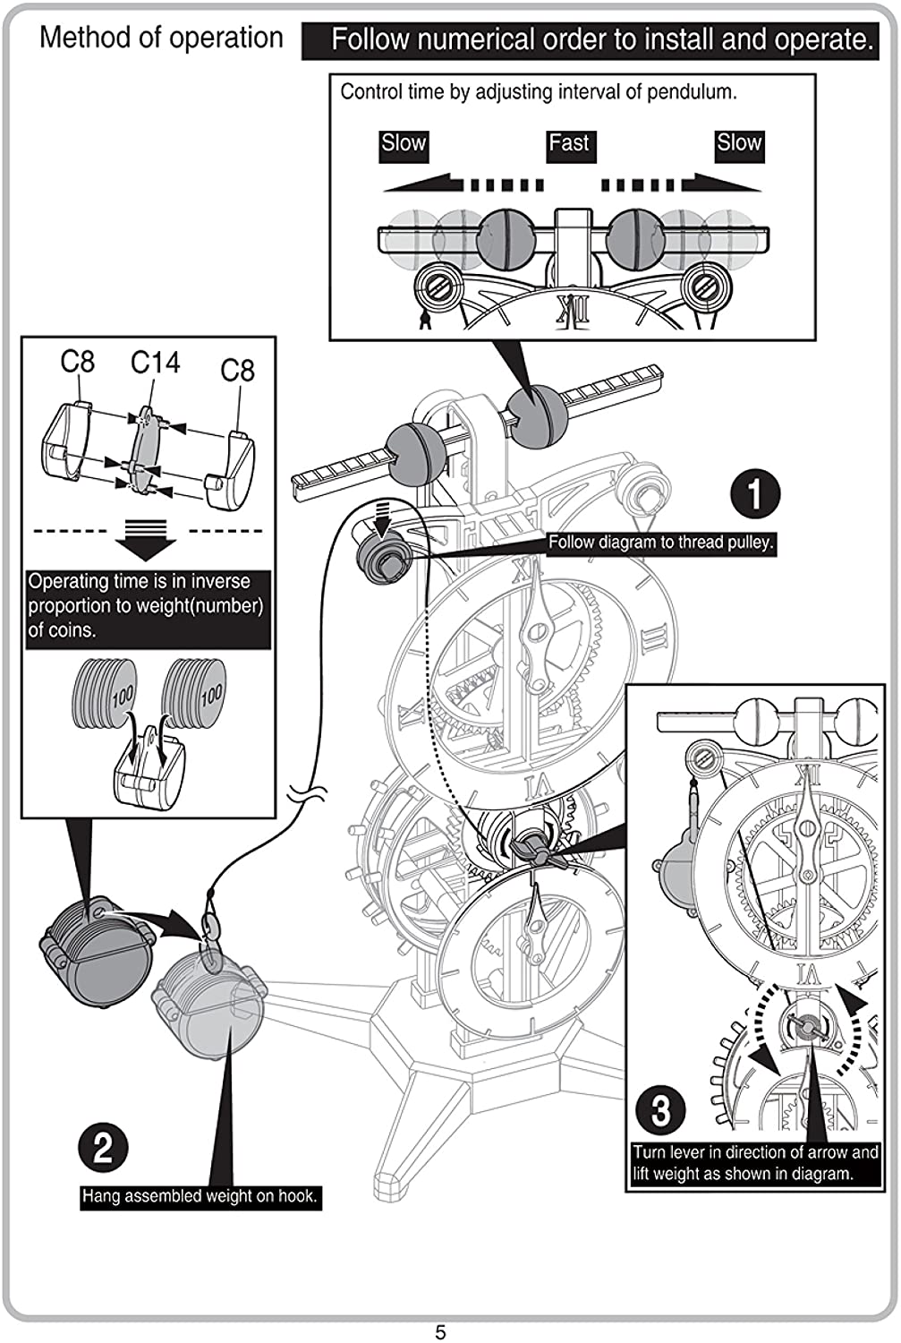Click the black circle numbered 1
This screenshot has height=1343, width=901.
pyautogui.click(x=754, y=494)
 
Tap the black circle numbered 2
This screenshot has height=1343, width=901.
pyautogui.click(x=103, y=1147)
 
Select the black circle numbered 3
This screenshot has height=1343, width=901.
pyautogui.click(x=660, y=1110)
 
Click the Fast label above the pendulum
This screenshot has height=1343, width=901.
pyautogui.click(x=569, y=144)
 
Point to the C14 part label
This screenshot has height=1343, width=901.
pyautogui.click(x=155, y=363)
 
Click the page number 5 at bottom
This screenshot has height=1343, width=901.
pyautogui.click(x=440, y=1331)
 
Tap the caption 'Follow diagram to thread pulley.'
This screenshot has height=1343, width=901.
pyautogui.click(x=660, y=543)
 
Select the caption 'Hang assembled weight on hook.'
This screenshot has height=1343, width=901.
pyautogui.click(x=200, y=1196)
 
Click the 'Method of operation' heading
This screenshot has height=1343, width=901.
pyautogui.click(x=161, y=38)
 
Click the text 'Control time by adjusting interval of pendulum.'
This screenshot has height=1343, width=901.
pyautogui.click(x=539, y=91)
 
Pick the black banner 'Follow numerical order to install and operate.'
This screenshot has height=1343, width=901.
pyautogui.click(x=590, y=40)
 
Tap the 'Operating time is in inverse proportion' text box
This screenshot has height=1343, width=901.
pyautogui.click(x=147, y=606)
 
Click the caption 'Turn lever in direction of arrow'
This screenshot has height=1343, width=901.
pyautogui.click(x=754, y=1163)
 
